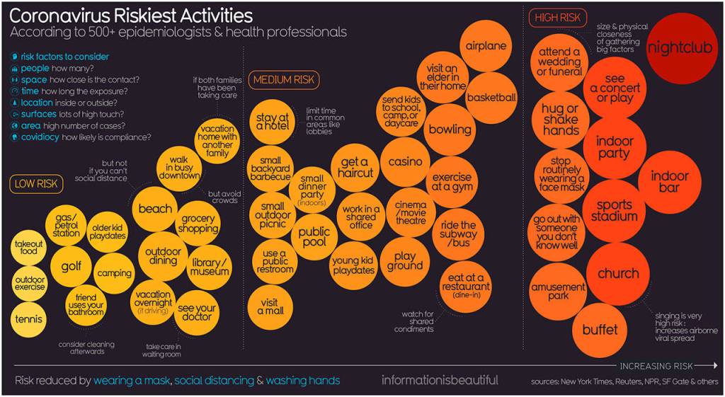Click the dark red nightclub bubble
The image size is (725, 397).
pos(683,49)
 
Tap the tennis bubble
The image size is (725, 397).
pos(29,318)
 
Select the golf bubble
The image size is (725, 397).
pos(72,267)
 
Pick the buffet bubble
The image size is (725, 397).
pos(600,329)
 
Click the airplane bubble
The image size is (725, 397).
pos(486,46)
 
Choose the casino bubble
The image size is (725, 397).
pos(405,162)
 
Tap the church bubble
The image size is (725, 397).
pos(617,274)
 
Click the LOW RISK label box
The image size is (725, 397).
pos(37,185)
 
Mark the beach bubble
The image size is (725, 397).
pos(155,209)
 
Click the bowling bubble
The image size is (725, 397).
pos(450,130)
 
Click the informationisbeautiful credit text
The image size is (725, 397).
pos(440,380)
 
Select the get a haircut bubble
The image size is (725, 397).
pos(354,167)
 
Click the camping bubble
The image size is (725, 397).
pos(113,273)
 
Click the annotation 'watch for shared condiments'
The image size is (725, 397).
pos(416,322)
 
